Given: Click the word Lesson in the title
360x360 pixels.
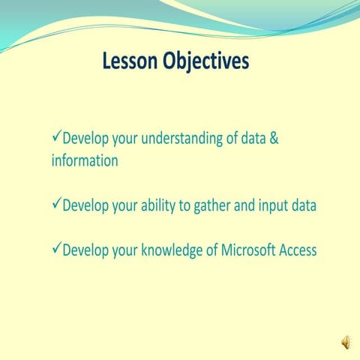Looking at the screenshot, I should point(130,61).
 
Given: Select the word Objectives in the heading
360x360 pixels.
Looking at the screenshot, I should point(205,61).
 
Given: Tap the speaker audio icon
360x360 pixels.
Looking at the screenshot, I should point(346,343).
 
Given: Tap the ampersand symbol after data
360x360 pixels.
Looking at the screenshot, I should point(274,139).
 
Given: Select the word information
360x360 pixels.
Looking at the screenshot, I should point(85,161).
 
